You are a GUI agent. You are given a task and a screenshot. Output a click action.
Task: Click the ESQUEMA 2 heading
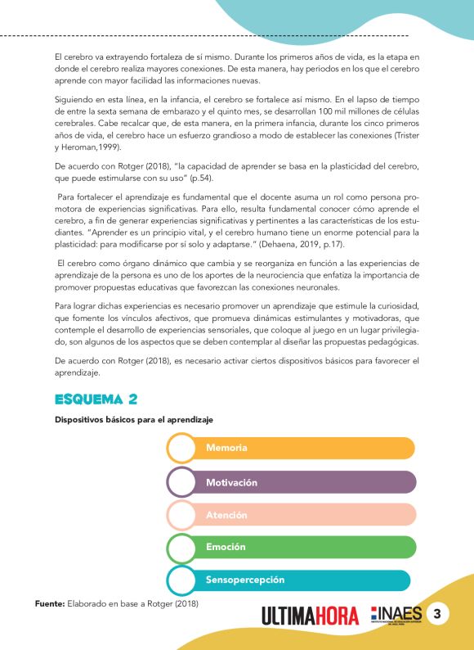95,399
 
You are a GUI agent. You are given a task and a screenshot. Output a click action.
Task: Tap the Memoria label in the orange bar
226,448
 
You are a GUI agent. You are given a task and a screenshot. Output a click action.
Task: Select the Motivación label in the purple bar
231,482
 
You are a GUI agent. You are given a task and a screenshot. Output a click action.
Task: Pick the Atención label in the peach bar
226,515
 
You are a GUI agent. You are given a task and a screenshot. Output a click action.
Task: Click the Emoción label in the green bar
226,547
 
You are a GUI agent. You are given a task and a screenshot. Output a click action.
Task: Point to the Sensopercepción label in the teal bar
245,580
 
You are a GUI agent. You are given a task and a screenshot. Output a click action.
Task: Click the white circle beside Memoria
181,449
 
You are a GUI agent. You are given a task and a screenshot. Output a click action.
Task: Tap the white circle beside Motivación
181,482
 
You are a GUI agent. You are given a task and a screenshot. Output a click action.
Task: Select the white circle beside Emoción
181,547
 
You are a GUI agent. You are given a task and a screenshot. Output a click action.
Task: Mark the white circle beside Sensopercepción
181,580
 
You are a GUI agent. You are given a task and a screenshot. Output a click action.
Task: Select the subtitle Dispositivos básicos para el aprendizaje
133,420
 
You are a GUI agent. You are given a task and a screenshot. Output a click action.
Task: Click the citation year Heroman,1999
89,147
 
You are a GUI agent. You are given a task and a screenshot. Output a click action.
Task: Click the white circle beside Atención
181,515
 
